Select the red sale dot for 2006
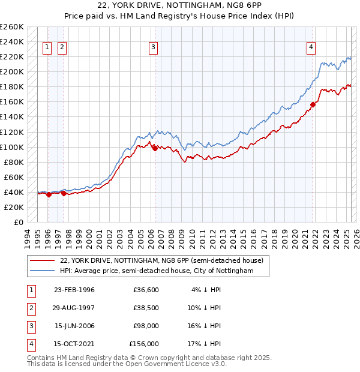click(155, 148)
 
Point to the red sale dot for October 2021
click(313, 104)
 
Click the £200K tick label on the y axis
click(12, 71)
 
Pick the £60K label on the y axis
click(14, 177)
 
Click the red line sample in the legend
click(43, 261)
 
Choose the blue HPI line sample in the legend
click(43, 271)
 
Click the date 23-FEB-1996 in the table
click(74, 290)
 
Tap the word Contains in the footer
click(41, 358)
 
